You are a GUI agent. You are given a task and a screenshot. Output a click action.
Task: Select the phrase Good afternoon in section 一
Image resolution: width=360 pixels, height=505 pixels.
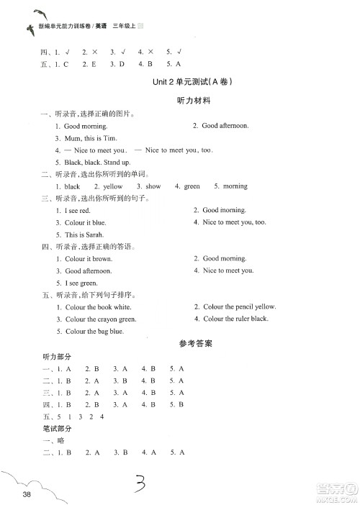point(225,126)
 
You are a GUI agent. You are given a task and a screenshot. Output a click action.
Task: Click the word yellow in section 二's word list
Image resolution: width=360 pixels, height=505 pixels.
point(113,186)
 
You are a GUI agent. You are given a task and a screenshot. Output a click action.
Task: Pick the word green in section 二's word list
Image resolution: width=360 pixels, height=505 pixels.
point(192,186)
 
